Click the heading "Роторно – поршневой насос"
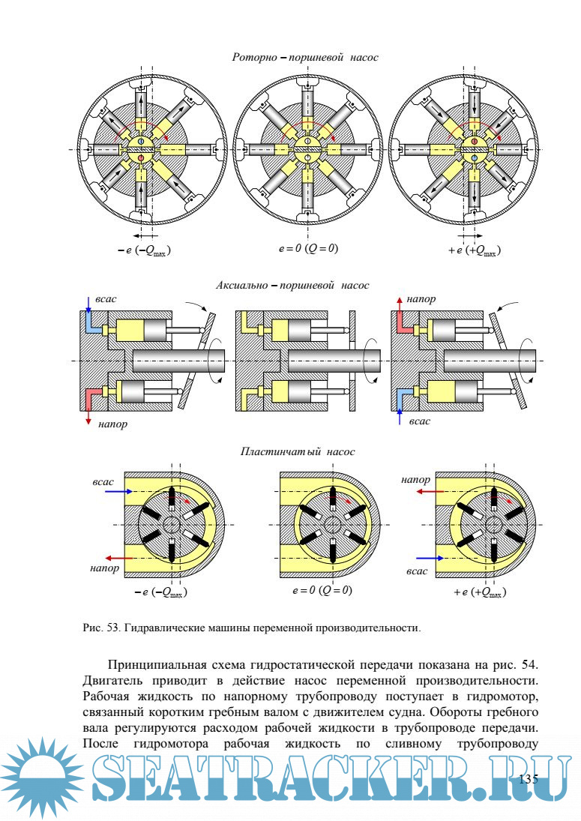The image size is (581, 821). [x=305, y=57]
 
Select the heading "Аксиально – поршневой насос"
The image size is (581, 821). [x=292, y=286]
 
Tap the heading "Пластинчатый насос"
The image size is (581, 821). [x=298, y=451]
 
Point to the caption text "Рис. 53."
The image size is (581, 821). [x=100, y=627]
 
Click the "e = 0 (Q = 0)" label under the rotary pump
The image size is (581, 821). [x=305, y=248]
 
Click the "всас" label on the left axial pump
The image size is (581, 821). [x=106, y=299]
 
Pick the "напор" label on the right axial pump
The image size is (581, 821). [x=422, y=299]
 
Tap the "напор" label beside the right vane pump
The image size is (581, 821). [x=416, y=479]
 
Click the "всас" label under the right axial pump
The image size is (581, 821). [x=420, y=421]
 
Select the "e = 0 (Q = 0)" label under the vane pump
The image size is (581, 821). [x=322, y=590]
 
